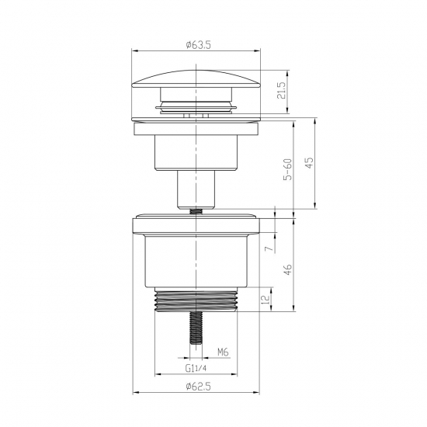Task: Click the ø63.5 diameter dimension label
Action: (195, 46)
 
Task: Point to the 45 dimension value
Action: (308, 163)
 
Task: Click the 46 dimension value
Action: (286, 271)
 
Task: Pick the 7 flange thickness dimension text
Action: (266, 249)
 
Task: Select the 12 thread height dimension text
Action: (266, 300)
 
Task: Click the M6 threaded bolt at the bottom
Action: (195, 331)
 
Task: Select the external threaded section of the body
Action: (195, 300)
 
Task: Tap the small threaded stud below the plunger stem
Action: (195, 209)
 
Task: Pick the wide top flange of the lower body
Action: (195, 224)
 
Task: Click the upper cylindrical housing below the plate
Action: (195, 151)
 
